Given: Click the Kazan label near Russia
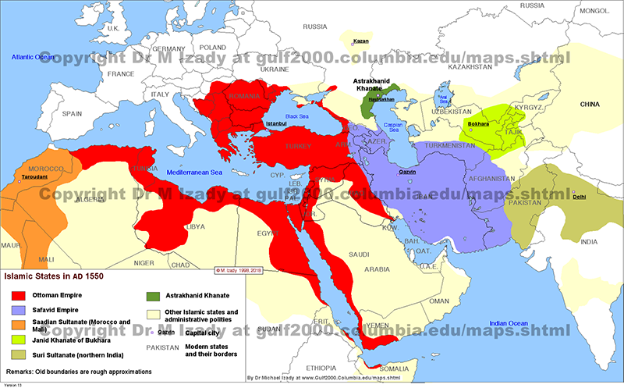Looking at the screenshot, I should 360,41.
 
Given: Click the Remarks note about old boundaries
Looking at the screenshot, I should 78,371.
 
